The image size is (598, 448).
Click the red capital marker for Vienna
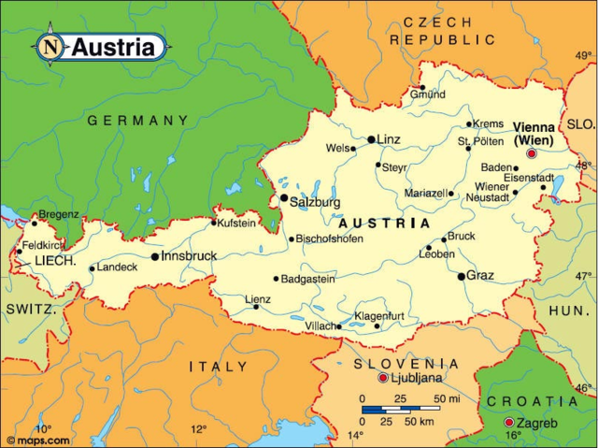(533, 153)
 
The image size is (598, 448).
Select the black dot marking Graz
(461, 276)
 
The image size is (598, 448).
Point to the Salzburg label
(317, 202)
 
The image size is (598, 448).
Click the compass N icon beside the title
(50, 46)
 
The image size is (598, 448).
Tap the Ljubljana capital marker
(383, 378)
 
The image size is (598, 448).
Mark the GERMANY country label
(137, 121)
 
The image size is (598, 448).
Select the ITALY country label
(218, 367)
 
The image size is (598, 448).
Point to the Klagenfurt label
(378, 315)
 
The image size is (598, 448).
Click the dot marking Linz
(371, 139)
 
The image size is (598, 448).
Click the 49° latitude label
(583, 55)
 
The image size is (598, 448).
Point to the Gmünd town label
(427, 94)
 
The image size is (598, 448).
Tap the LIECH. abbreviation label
(55, 261)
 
